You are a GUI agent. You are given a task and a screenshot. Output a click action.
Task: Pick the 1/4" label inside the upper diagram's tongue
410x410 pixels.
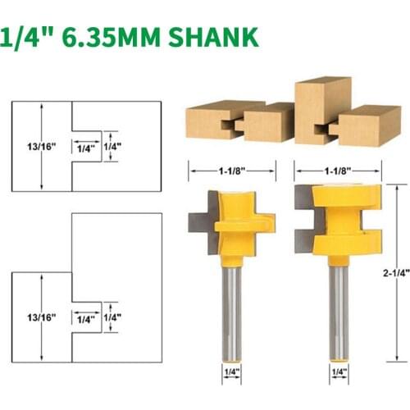pos(84,149)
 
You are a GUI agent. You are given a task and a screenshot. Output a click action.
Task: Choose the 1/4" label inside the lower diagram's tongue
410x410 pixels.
pos(84,317)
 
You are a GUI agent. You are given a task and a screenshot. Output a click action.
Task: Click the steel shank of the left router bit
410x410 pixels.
pos(232,303)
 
